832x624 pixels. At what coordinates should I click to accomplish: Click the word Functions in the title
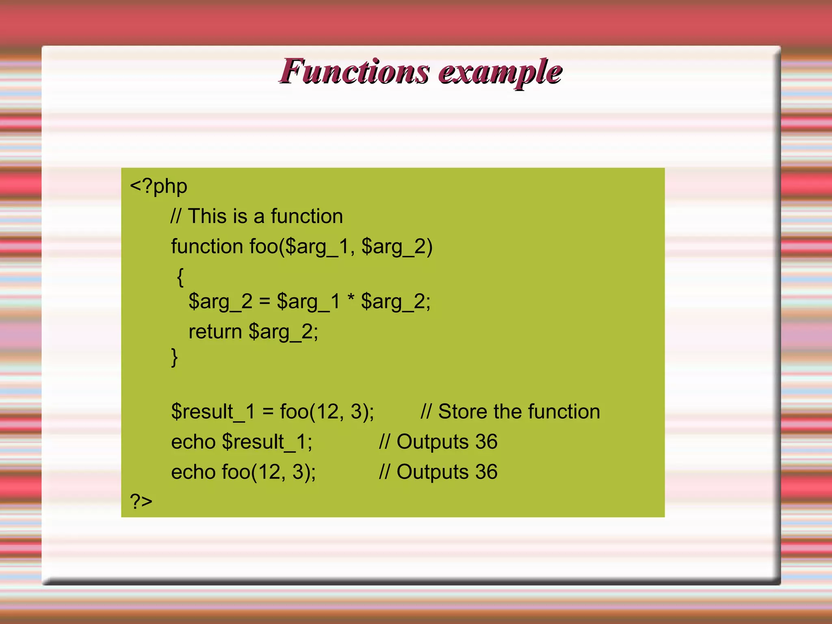pyautogui.click(x=354, y=71)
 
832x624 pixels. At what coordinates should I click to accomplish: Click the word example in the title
pyautogui.click(x=500, y=72)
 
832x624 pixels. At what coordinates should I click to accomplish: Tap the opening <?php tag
pyautogui.click(x=158, y=186)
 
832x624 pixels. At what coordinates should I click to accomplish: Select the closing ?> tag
pyautogui.click(x=141, y=501)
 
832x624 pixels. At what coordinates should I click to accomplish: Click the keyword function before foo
pyautogui.click(x=207, y=246)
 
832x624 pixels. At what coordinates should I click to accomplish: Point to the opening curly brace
pyautogui.click(x=180, y=277)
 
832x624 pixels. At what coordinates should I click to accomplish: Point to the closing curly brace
pyautogui.click(x=174, y=357)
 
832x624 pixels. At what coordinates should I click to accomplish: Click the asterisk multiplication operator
pyautogui.click(x=351, y=300)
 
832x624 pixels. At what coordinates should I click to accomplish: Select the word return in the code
pyautogui.click(x=215, y=331)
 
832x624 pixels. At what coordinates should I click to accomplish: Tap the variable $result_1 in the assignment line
pyautogui.click(x=213, y=412)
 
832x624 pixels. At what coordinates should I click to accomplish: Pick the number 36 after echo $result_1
pyautogui.click(x=486, y=442)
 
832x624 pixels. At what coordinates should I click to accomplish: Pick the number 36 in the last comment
pyautogui.click(x=486, y=472)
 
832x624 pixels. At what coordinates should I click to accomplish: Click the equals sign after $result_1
pyautogui.click(x=268, y=412)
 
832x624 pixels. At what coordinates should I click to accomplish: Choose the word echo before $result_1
pyautogui.click(x=193, y=442)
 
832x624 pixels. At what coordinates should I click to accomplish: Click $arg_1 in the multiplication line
pyautogui.click(x=308, y=302)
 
